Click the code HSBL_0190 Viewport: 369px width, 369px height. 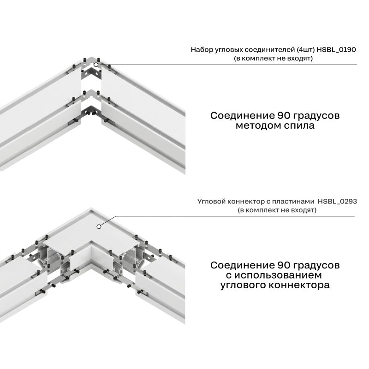336,50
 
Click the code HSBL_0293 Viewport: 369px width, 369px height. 337,202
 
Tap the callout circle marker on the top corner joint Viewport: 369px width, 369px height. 96,65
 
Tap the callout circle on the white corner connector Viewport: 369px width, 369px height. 99,226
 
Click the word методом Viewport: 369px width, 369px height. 258,125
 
